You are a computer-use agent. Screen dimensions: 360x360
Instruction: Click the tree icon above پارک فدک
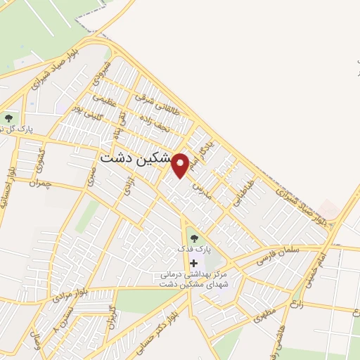pyautogui.click(x=193, y=237)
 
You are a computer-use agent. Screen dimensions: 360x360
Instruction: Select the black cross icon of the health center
pyautogui.click(x=194, y=263)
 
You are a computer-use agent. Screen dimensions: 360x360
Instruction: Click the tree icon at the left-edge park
pyautogui.click(x=8, y=117)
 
